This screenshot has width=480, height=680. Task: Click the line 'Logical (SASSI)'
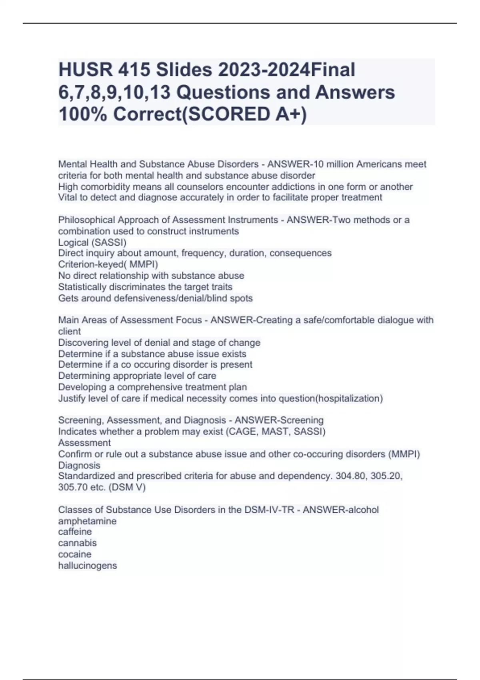[x=92, y=242]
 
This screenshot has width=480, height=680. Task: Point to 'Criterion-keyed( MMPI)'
[x=108, y=264]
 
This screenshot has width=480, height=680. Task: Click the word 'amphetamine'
[x=87, y=521]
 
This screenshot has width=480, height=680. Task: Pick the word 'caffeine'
[x=75, y=532]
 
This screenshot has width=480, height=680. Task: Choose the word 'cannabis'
[x=77, y=543]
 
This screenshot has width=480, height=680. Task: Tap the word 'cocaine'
[x=75, y=554]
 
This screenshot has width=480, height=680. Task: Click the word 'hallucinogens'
[x=88, y=566]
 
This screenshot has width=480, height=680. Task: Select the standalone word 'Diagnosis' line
[x=79, y=465]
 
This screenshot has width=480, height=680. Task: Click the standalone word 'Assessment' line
[x=84, y=443]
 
